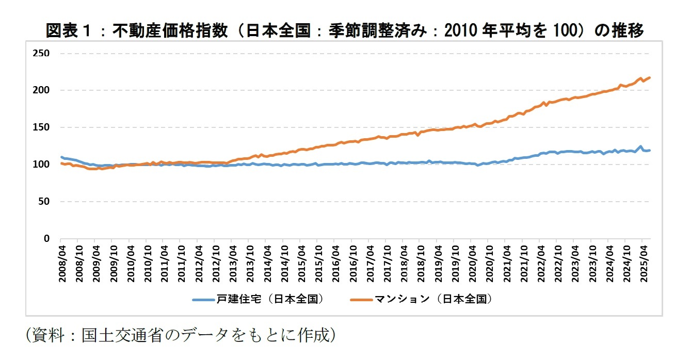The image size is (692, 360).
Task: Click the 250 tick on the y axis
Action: pyautogui.click(x=41, y=53)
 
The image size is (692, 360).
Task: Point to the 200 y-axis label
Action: pyautogui.click(x=41, y=90)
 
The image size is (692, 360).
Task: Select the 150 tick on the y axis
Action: pyautogui.click(x=41, y=127)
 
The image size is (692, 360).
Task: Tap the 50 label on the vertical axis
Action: pyautogui.click(x=44, y=202)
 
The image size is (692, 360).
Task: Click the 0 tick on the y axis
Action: pyautogui.click(x=46, y=239)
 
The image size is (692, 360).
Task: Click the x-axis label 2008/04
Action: pyautogui.click(x=61, y=263)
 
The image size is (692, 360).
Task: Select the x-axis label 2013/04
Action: pyautogui.click(x=232, y=263)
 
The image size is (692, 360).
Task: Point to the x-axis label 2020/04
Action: pyautogui.click(x=472, y=263)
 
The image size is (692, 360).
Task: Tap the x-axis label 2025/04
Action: pyautogui.click(x=642, y=263)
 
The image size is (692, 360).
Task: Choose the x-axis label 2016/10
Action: pyautogui.click(x=352, y=263)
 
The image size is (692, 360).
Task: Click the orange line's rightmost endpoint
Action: pyautogui.click(x=650, y=77)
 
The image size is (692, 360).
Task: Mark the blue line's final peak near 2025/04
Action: pyautogui.click(x=641, y=146)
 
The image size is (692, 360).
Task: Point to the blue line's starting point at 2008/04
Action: pyautogui.click(x=61, y=157)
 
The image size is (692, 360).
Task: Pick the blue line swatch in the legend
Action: pyautogui.click(x=203, y=299)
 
